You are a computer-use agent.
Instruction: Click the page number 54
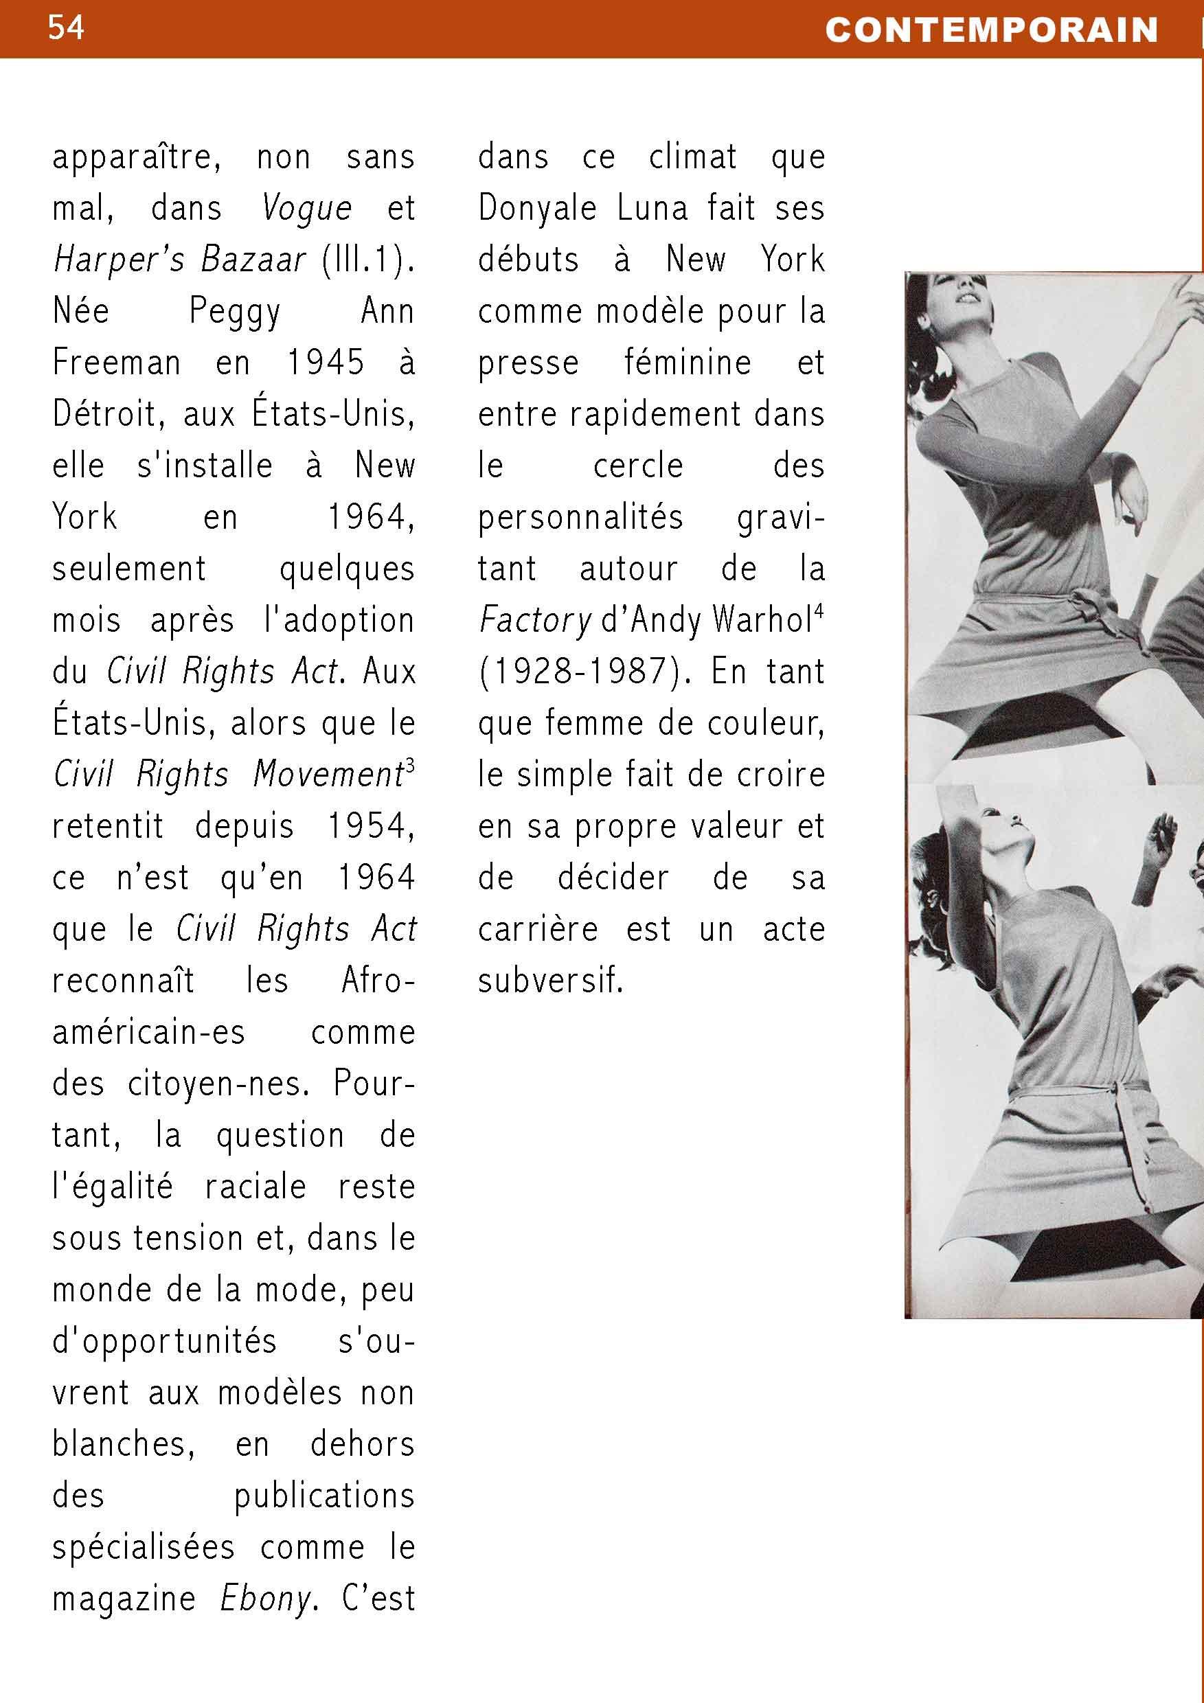66,27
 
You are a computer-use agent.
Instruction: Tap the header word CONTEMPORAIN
992,30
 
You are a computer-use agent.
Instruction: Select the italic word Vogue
306,209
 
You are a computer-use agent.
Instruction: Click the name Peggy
234,312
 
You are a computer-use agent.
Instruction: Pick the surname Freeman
117,363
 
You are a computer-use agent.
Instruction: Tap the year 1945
326,363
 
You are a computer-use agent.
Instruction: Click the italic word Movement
327,775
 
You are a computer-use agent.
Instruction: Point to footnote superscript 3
410,766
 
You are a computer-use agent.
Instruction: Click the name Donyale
537,209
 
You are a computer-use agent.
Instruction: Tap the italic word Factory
535,620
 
